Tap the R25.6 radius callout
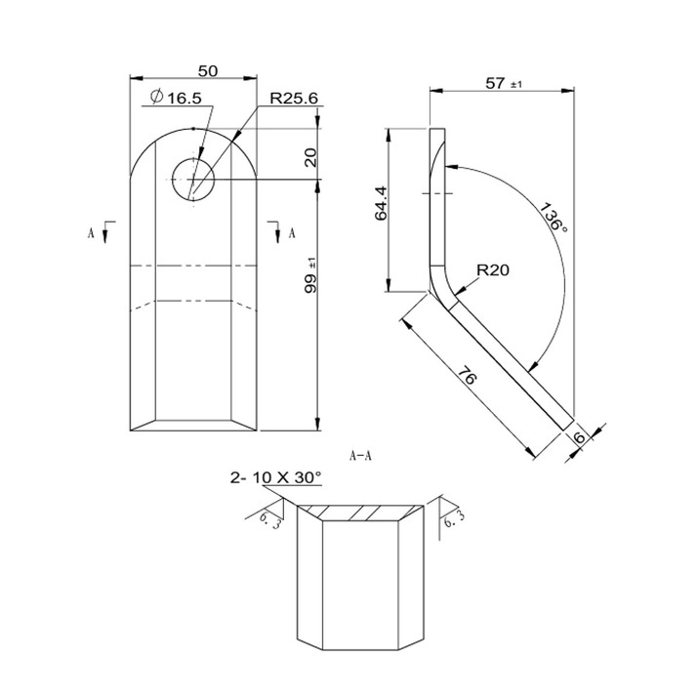(295, 98)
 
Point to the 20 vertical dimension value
(311, 158)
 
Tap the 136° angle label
(554, 217)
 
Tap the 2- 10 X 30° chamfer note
(275, 477)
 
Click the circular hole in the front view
(193, 179)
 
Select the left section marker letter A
(91, 233)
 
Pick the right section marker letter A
(290, 233)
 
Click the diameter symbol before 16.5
(155, 97)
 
